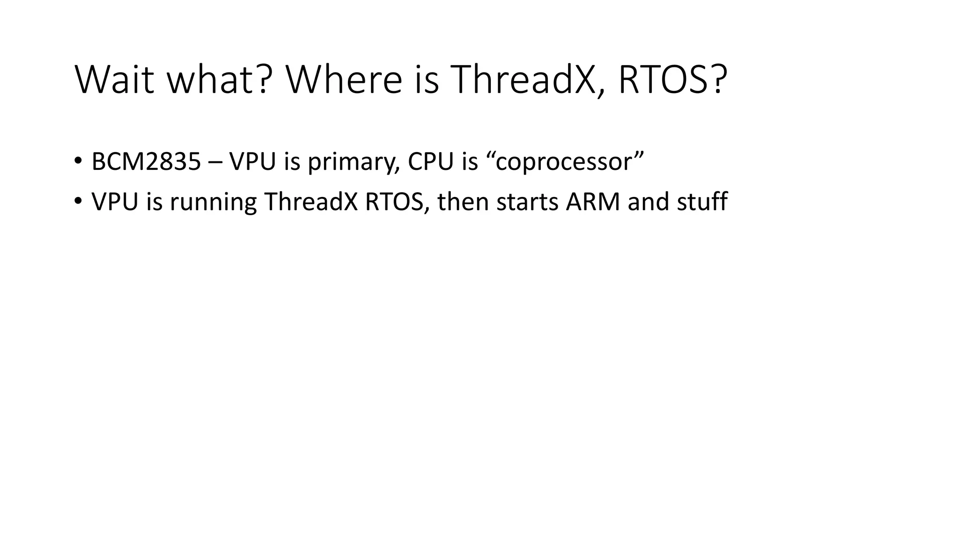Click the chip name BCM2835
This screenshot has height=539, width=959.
pyautogui.click(x=146, y=161)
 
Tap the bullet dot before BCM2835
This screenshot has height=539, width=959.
pyautogui.click(x=77, y=160)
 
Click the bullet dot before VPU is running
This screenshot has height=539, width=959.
pyautogui.click(x=77, y=201)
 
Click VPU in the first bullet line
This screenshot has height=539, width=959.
pyautogui.click(x=253, y=161)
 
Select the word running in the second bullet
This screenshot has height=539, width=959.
pyautogui.click(x=213, y=203)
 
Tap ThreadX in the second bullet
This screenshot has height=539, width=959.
pyautogui.click(x=311, y=202)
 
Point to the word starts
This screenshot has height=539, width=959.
pyautogui.click(x=527, y=202)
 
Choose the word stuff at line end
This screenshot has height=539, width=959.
pyautogui.click(x=702, y=202)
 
